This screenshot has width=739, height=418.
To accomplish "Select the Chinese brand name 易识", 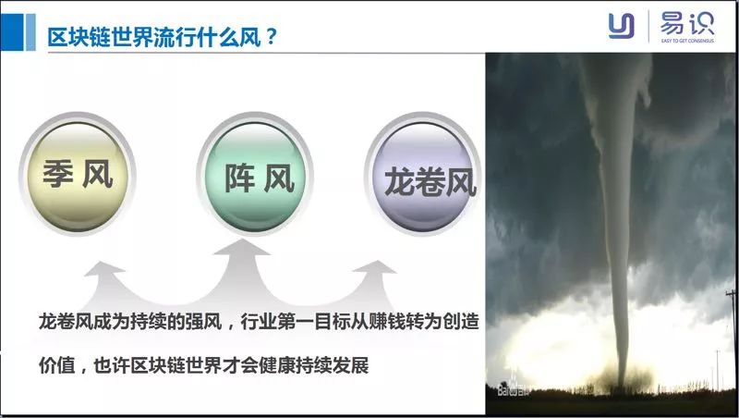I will click(x=686, y=21).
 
